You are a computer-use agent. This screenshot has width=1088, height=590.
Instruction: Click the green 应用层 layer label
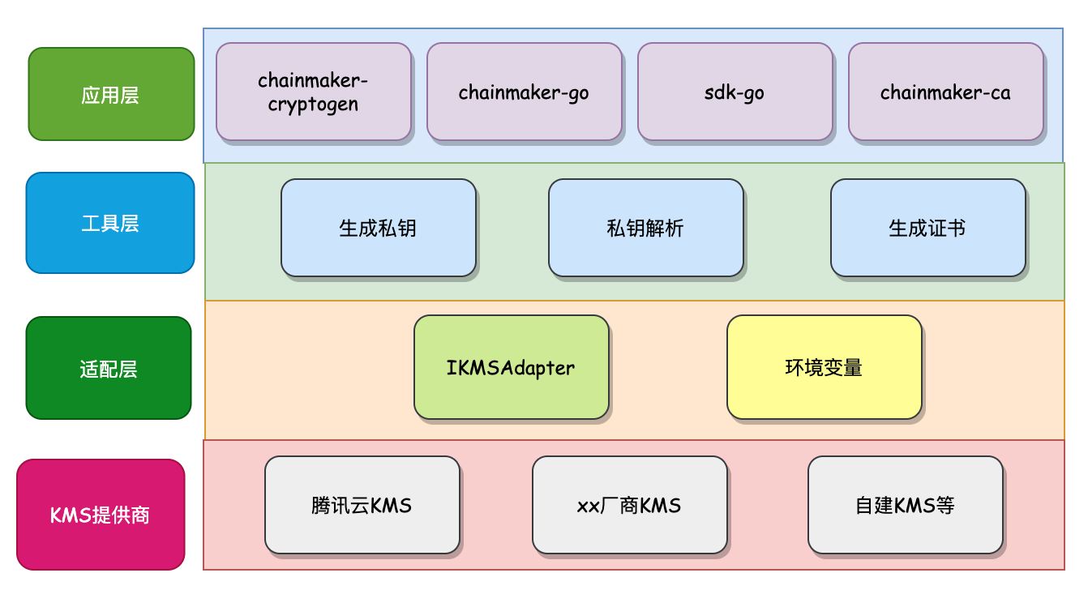coord(111,94)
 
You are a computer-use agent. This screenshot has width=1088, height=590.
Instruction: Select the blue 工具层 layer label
coord(110,223)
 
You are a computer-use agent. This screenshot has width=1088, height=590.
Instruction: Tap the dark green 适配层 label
coord(109,368)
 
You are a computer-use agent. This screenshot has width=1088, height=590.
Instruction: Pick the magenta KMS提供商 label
coord(101,515)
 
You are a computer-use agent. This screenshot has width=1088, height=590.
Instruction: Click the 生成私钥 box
coord(378,228)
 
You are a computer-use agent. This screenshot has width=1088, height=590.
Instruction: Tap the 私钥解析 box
coord(645,228)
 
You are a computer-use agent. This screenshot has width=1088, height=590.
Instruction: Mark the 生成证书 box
coord(927,228)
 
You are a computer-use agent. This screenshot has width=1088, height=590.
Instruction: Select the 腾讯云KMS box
coord(362,506)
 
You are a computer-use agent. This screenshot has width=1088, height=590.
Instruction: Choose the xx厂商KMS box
coord(629,506)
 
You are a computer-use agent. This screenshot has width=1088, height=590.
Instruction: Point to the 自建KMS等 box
coord(905,506)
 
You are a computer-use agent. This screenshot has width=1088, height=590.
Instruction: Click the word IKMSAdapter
coord(511,368)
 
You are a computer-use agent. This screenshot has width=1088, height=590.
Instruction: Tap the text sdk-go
coord(735,92)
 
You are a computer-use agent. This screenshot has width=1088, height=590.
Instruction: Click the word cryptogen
coord(314,105)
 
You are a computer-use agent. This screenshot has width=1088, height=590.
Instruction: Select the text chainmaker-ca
coord(945,92)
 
